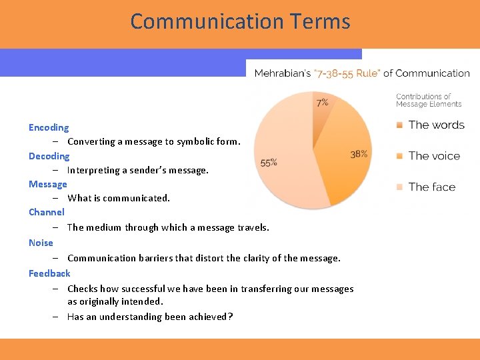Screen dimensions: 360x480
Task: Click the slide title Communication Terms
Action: point(240,21)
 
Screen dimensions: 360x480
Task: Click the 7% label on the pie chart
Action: point(322,103)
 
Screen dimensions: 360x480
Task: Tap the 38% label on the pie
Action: point(359,154)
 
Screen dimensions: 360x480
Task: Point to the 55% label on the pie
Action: point(269,163)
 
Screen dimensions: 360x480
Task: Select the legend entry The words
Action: point(436,125)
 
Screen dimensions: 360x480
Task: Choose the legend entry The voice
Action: point(434,156)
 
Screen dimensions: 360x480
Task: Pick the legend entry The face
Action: point(432,187)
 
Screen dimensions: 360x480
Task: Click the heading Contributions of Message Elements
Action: point(428,100)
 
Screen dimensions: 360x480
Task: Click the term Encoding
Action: point(49,127)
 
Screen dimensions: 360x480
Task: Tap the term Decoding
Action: point(49,156)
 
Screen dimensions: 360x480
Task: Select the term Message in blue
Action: point(48,184)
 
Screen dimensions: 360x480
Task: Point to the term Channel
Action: point(47,212)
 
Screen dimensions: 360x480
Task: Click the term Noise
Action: point(41,243)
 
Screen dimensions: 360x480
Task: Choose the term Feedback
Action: point(49,273)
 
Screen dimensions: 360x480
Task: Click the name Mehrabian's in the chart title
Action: point(282,73)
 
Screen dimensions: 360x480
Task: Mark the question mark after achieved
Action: point(231,317)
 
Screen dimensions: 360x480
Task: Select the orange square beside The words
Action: point(399,125)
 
